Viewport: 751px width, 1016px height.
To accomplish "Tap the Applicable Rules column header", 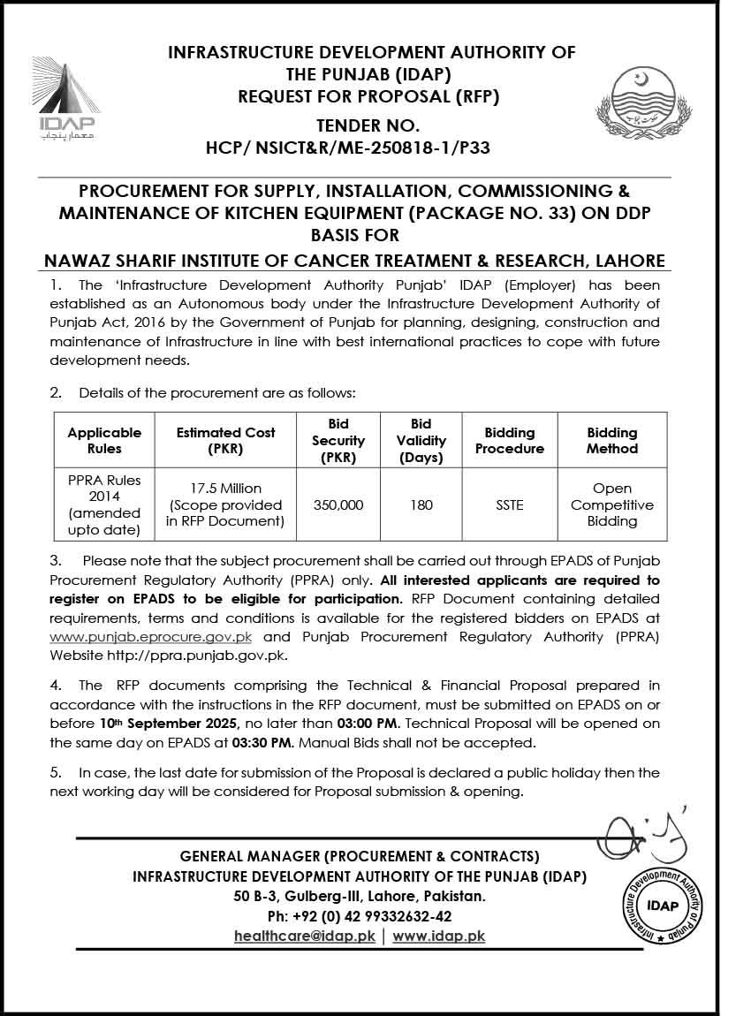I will (x=104, y=440).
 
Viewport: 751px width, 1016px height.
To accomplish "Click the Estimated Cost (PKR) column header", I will (x=225, y=440).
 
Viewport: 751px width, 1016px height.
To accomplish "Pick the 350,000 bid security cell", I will (x=339, y=505).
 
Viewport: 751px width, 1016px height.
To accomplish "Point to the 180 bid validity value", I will (x=421, y=505).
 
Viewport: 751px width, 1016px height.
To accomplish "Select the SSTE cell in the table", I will (x=510, y=505).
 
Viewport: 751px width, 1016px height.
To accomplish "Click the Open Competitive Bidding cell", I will (x=612, y=504).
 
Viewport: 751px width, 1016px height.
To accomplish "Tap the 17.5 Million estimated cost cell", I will (x=226, y=504).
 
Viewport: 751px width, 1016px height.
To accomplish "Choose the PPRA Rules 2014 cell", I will (x=104, y=504).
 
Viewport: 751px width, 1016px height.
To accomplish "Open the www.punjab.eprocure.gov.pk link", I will (x=151, y=637).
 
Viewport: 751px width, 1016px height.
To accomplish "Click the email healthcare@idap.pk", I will (x=305, y=936).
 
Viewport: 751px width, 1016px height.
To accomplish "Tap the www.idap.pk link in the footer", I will (x=439, y=936).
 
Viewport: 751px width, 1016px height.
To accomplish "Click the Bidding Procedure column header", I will (x=510, y=440).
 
